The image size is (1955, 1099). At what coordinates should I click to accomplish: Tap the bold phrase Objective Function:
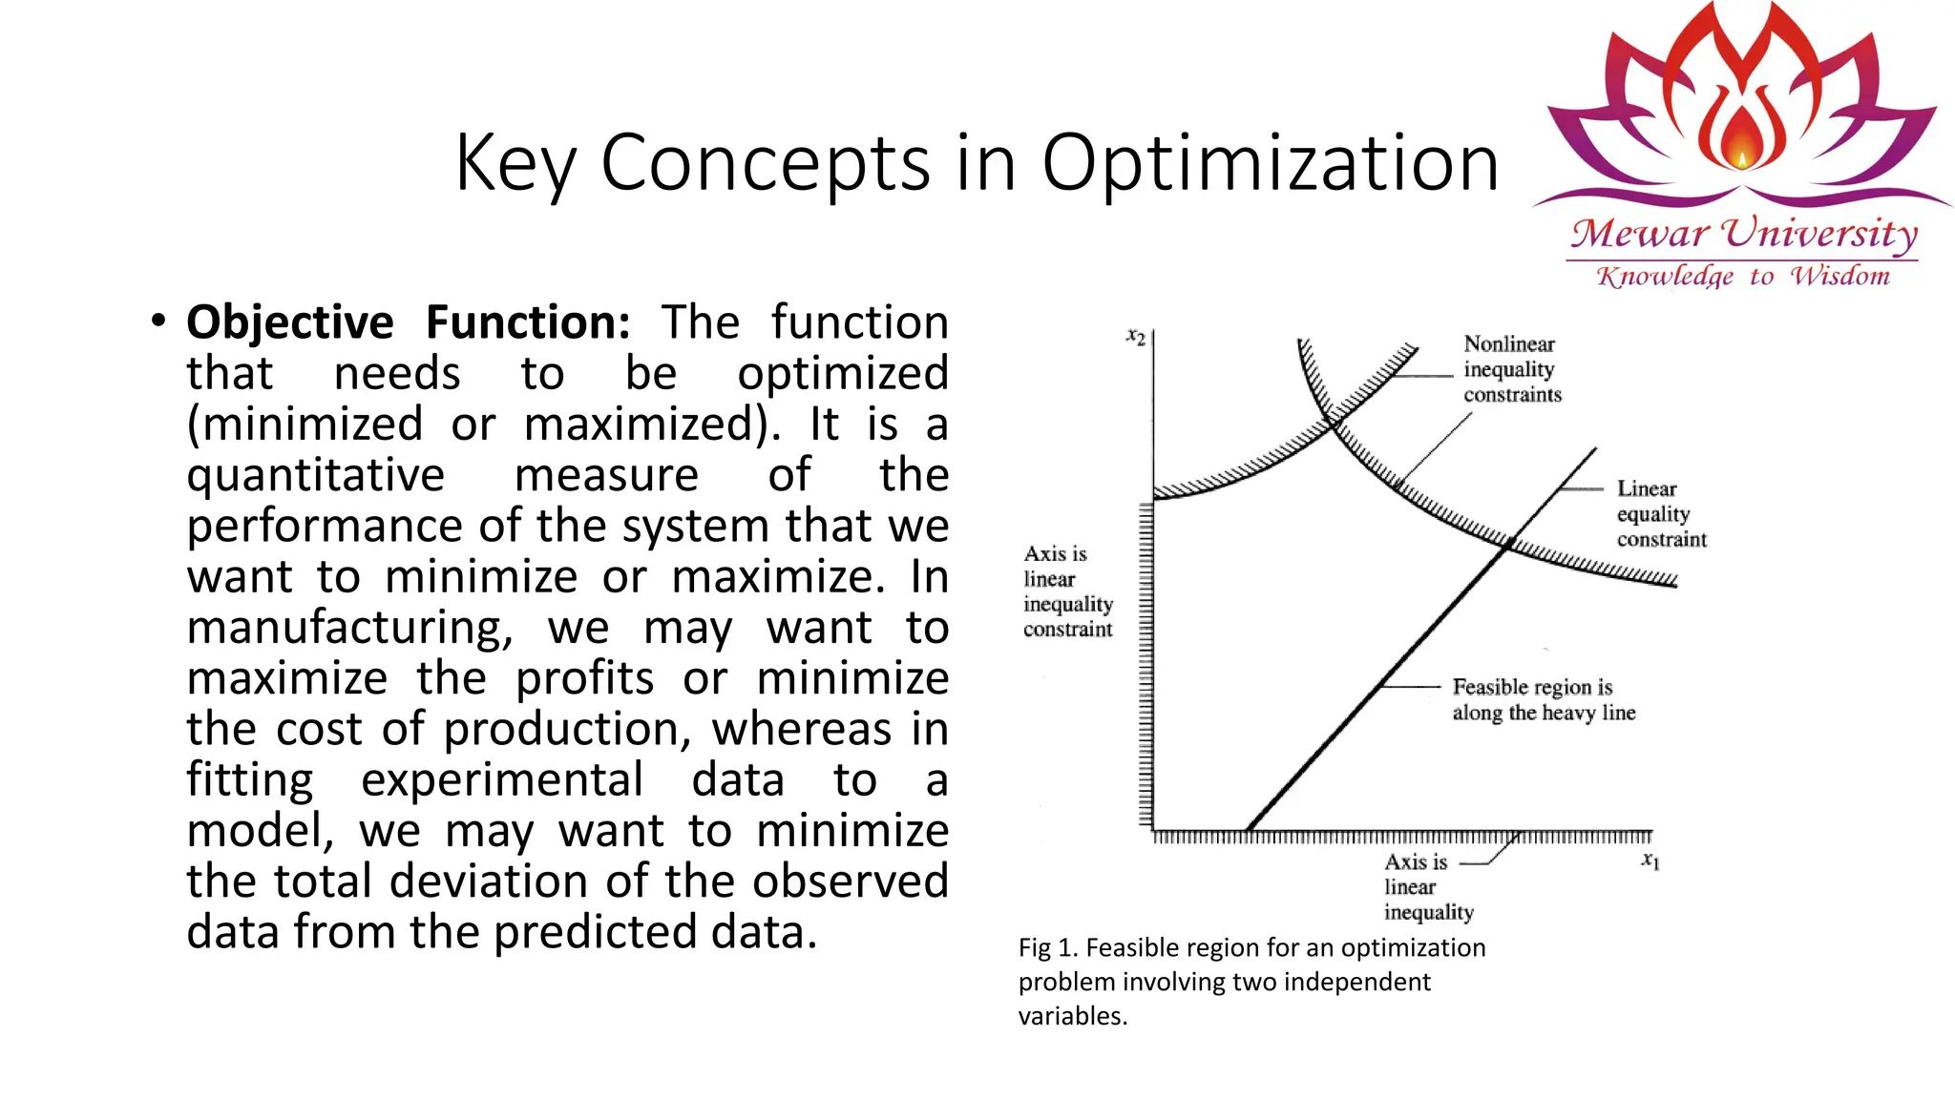pos(408,322)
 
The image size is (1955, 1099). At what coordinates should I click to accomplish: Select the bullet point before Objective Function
pos(158,321)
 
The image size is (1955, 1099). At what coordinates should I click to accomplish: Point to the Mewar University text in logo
pos(1743,234)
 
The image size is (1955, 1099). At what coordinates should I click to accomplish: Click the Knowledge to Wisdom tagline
pos(1743,277)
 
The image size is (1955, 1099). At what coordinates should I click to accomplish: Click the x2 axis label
pos(1135,336)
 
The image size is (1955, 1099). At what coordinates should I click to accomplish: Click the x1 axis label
pos(1650,861)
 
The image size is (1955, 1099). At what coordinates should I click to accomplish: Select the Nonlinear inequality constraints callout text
pos(1512,369)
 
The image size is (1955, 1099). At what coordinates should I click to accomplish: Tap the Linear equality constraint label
pos(1660,514)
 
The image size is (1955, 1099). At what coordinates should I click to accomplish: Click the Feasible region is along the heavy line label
pos(1543,699)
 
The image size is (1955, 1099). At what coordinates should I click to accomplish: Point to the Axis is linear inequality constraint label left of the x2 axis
pos(1067,591)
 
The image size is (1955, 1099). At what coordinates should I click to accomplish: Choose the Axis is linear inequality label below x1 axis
pos(1427,887)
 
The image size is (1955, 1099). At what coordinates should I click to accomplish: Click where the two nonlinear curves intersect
pos(1332,422)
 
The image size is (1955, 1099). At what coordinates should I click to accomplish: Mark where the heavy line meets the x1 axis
pos(1249,828)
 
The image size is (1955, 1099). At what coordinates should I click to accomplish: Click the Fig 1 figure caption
pos(1251,981)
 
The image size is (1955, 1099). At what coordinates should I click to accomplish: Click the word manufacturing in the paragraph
pos(349,628)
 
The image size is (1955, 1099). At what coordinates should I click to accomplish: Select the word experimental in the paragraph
pos(502,780)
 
